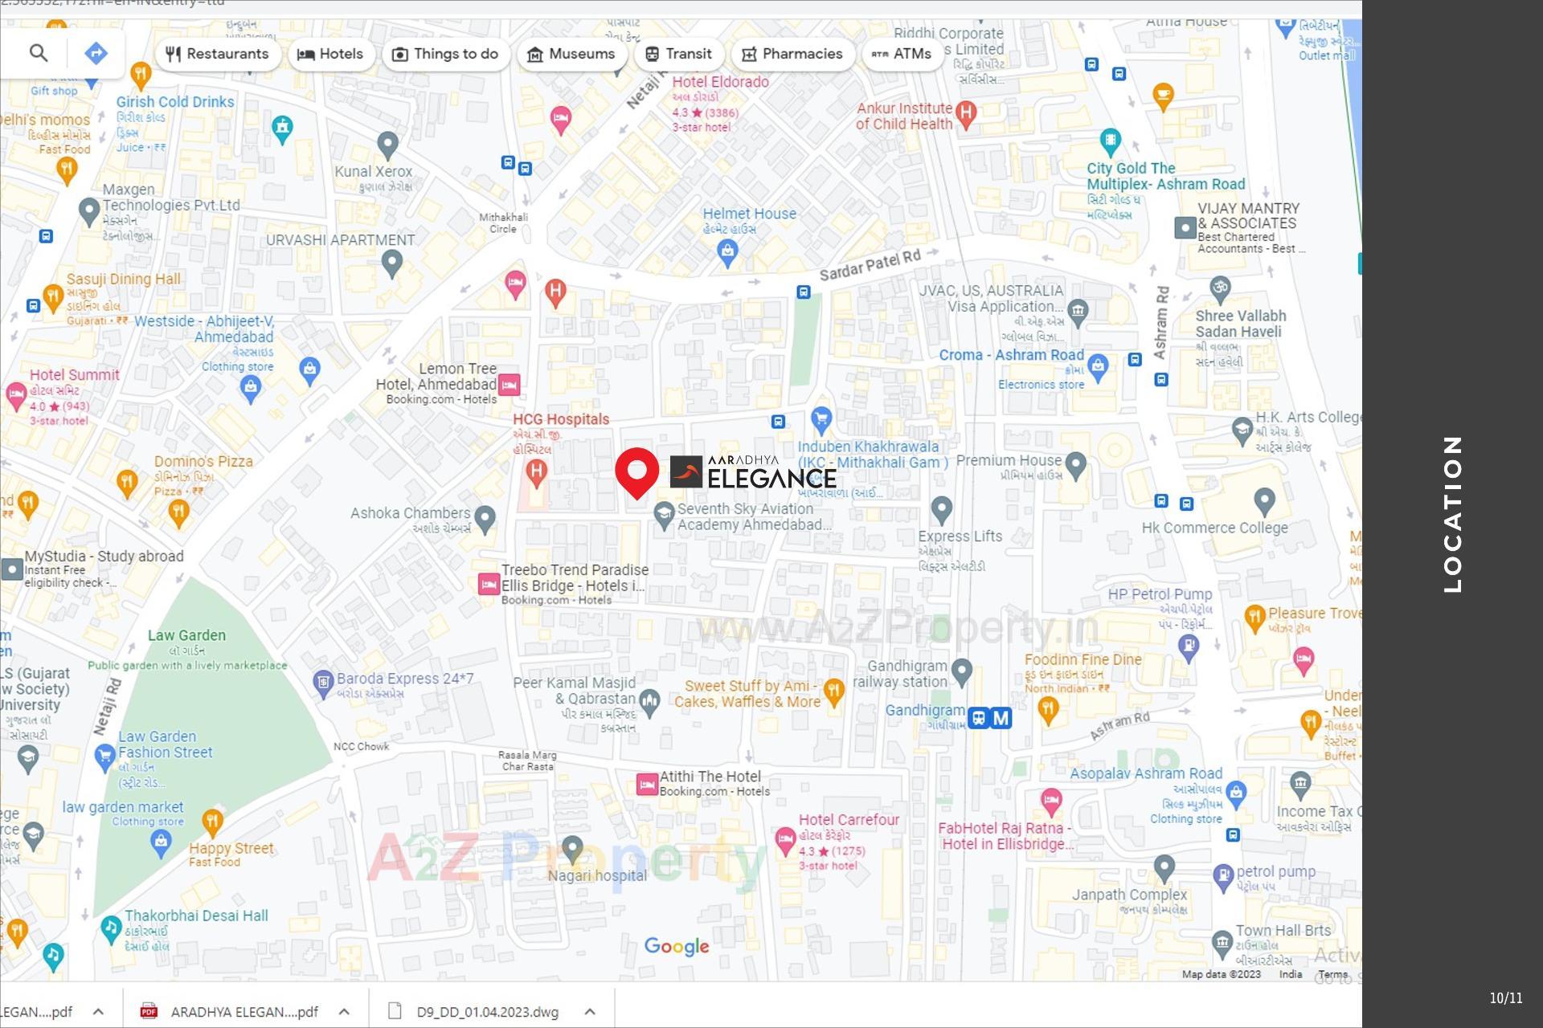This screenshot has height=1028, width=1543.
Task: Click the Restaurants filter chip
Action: [x=217, y=54]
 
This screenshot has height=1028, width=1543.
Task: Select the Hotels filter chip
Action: [x=330, y=54]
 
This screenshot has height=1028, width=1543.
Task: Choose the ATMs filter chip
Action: [x=902, y=54]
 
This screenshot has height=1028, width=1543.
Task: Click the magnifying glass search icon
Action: [x=39, y=53]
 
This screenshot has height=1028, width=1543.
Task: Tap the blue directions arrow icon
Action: [x=96, y=53]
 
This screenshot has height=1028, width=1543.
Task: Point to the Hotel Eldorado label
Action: [x=720, y=82]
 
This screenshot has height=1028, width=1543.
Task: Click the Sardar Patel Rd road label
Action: [x=870, y=265]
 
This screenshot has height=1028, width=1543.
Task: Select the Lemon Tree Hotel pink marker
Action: [x=509, y=385]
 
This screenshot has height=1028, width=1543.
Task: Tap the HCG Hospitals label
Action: [x=561, y=419]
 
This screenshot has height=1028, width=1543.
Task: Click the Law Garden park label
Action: [x=186, y=635]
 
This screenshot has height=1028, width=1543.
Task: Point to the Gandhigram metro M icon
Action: [x=1001, y=718]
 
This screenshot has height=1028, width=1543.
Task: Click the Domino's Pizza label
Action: [x=203, y=462]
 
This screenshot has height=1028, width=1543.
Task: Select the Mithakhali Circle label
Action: [x=503, y=222]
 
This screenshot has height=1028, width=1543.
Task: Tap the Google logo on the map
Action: [x=677, y=946]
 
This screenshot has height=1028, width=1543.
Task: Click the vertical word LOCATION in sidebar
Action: [x=1452, y=514]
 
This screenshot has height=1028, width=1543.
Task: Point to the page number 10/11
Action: [x=1505, y=997]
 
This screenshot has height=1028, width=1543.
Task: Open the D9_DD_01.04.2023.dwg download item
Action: [x=487, y=1012]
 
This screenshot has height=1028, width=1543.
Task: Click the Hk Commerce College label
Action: [x=1214, y=528]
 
